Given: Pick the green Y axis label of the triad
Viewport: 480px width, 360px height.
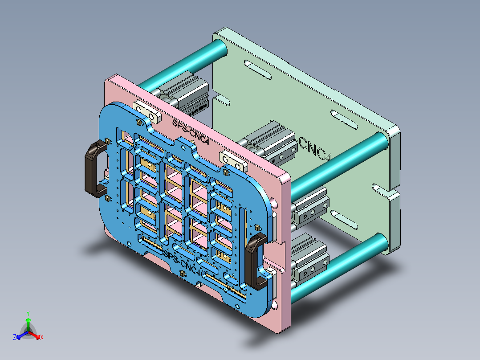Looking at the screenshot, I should [x=28, y=313].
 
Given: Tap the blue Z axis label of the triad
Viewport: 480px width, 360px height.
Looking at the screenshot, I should [x=15, y=338].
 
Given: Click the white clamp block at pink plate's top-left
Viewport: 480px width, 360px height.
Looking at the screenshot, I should [x=147, y=112].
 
